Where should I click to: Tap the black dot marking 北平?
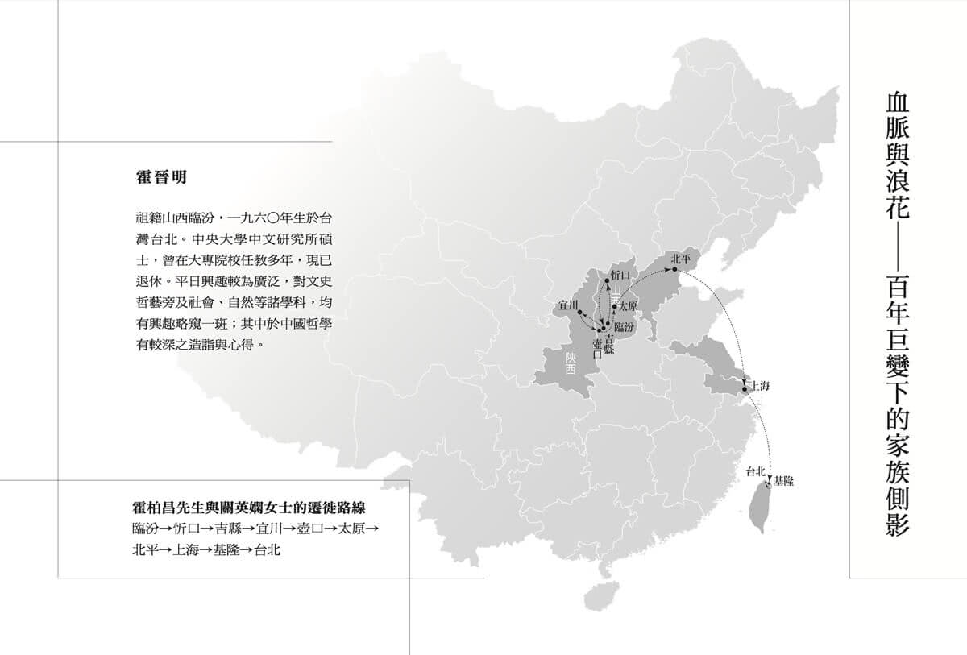point(674,270)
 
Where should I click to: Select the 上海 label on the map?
point(760,386)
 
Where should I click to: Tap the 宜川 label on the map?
point(568,305)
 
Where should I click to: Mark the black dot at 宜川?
point(580,312)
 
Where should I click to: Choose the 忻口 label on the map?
point(620,275)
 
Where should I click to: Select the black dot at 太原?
point(615,307)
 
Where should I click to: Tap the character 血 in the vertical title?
point(896,106)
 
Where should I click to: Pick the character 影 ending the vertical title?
point(896,524)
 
